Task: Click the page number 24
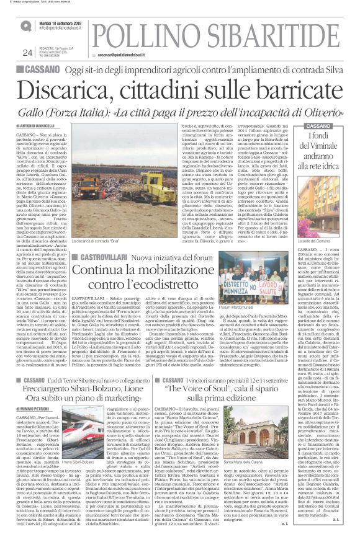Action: (27, 53)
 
